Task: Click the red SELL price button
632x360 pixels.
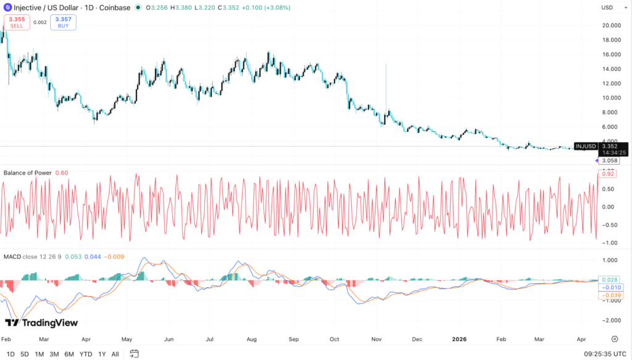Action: coord(17,22)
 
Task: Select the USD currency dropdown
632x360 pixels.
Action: coord(610,7)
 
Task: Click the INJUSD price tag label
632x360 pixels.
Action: coord(585,146)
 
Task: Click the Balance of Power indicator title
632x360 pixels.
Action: coord(28,173)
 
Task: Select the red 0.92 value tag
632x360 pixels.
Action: coord(608,174)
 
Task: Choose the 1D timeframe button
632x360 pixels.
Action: coord(10,354)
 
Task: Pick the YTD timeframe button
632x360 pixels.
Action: coord(86,354)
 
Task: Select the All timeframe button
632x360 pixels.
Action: coord(115,354)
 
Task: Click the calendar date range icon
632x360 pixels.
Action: coord(135,354)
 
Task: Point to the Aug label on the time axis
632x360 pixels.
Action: coord(251,339)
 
